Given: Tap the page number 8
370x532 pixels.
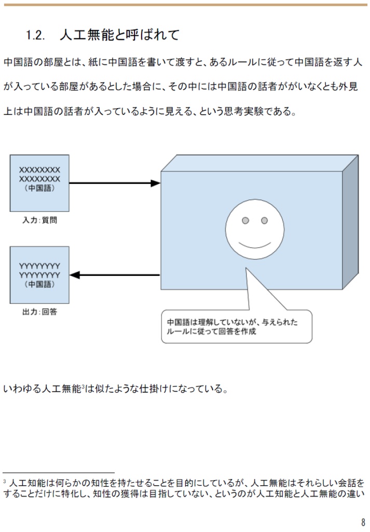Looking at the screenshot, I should (x=363, y=522).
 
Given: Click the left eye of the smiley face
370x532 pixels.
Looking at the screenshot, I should (x=245, y=221).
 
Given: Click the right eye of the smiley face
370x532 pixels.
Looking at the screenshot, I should (x=264, y=221).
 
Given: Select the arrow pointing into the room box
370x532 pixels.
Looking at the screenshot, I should (x=114, y=183).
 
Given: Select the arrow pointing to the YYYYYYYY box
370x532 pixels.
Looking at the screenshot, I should (x=114, y=275).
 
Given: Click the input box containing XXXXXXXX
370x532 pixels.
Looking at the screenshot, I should (x=39, y=182).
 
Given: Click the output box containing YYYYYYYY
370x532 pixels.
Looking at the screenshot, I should (x=39, y=275).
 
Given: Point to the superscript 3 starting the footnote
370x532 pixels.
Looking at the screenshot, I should (x=5, y=482).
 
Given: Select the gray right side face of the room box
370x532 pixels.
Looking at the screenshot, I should (x=350, y=223).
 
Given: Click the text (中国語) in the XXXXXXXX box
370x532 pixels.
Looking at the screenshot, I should (x=39, y=188).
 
